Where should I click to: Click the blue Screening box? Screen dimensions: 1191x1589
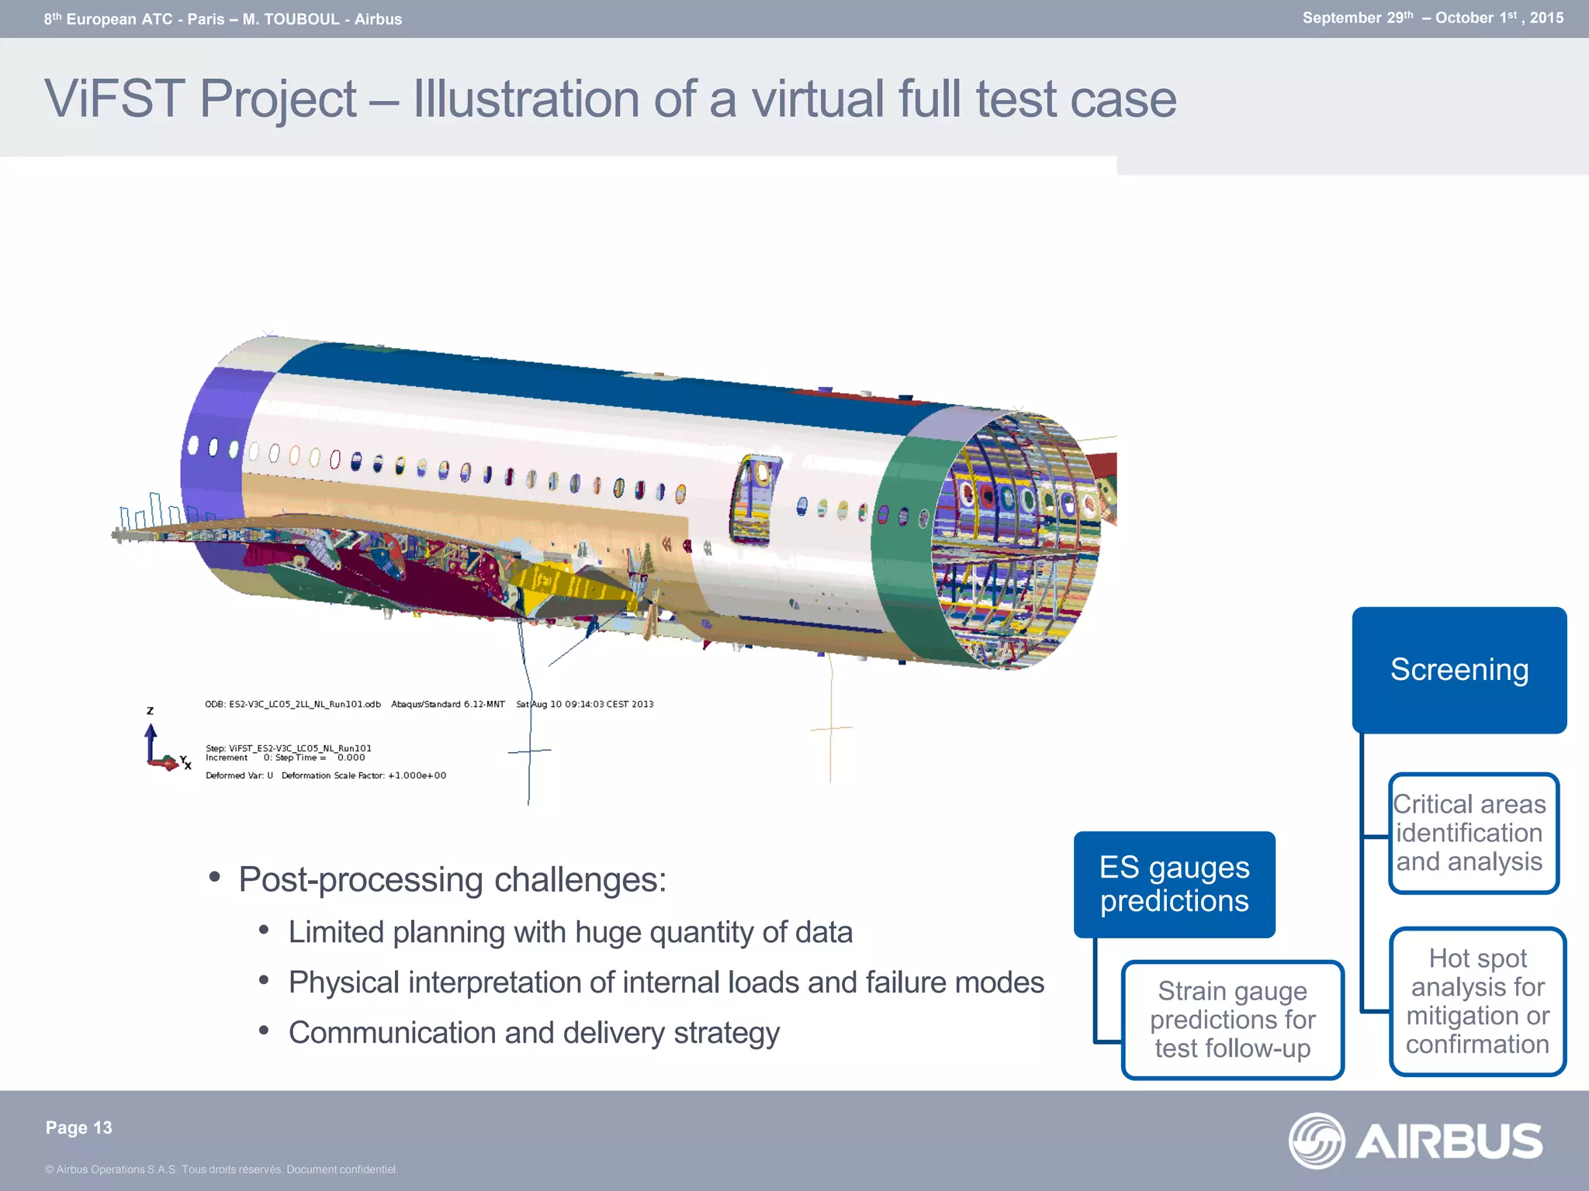(1459, 670)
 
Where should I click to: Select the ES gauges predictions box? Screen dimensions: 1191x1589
(1174, 884)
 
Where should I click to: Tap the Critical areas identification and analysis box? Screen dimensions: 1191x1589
(1473, 833)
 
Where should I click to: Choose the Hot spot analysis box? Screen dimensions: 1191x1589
(1477, 1001)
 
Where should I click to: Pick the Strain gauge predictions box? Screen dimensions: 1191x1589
(1232, 1019)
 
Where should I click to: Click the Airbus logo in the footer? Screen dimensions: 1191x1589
(1416, 1141)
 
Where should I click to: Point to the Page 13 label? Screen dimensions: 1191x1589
(78, 1127)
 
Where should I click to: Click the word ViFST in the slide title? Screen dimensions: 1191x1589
(114, 99)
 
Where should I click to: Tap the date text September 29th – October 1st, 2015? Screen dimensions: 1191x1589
(1432, 18)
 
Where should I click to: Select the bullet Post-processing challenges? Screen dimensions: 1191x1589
(452, 879)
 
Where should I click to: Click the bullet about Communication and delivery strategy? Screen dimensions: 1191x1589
(533, 1033)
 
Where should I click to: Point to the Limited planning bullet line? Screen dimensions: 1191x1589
(569, 932)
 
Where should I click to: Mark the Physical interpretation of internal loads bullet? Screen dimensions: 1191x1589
(666, 982)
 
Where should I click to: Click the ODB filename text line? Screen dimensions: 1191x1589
(293, 704)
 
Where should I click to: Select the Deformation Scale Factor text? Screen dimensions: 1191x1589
(363, 775)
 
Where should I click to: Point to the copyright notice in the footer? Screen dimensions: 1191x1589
(221, 1169)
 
